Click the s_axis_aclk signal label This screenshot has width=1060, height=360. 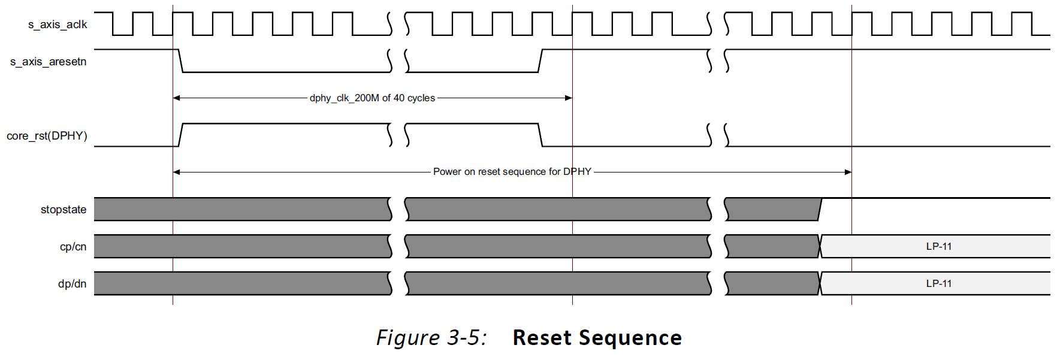click(x=58, y=25)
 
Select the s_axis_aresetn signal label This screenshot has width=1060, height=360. click(x=49, y=62)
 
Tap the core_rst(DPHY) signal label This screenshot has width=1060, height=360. click(x=47, y=136)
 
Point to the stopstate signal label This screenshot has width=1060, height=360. click(x=64, y=210)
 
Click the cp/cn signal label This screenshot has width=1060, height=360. click(x=73, y=247)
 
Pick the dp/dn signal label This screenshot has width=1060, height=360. click(x=73, y=284)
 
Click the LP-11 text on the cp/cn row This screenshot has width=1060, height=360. click(x=938, y=246)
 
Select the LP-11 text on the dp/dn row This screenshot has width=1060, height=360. click(x=938, y=283)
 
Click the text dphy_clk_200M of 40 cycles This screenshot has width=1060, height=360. click(x=372, y=98)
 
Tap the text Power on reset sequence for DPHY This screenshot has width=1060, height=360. click(x=512, y=172)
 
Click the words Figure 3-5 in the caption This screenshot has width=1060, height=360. click(x=431, y=338)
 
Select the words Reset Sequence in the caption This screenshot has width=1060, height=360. click(x=597, y=338)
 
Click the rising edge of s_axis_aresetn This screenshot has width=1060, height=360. click(x=540, y=61)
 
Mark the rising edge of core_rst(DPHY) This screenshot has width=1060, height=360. click(x=180, y=135)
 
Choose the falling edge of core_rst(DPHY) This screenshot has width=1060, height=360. click(x=540, y=135)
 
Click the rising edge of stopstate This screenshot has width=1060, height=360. click(x=820, y=209)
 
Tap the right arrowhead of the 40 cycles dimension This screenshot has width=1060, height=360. click(x=569, y=98)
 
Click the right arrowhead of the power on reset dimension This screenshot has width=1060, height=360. click(x=848, y=172)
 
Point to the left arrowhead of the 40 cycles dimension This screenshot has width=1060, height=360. click(x=176, y=98)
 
